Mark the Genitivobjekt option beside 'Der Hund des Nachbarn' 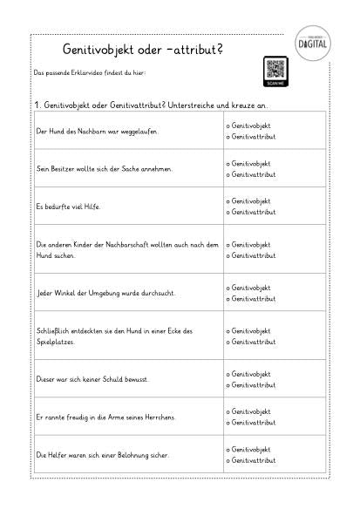(x=248, y=126)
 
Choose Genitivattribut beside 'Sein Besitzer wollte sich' (x=251, y=174)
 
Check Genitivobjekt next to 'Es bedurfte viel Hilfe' (x=248, y=200)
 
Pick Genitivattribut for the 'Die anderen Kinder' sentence (x=251, y=255)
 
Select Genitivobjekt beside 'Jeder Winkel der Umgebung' (x=248, y=288)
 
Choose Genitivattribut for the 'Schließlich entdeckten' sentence (x=251, y=343)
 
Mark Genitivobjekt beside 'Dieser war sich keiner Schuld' (x=248, y=374)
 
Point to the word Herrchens (x=158, y=417)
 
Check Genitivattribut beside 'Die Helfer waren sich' (x=251, y=460)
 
